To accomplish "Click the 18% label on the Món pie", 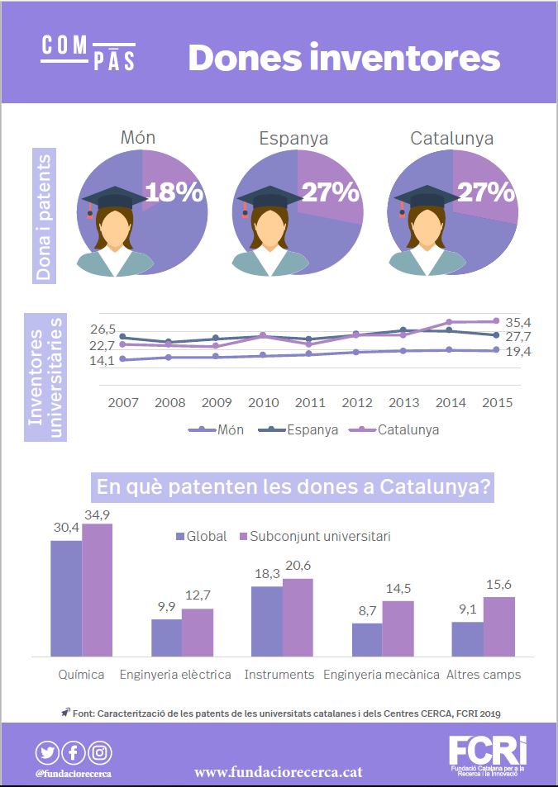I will click(x=174, y=192).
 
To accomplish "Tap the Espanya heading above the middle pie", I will click(x=293, y=138).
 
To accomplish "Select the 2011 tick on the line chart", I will click(x=310, y=402).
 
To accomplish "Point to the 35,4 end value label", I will click(x=518, y=321).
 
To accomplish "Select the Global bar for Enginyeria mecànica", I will click(x=367, y=640).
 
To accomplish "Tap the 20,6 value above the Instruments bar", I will click(x=298, y=565).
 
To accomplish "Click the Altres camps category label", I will click(x=484, y=675).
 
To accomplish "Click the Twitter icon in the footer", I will click(x=47, y=752).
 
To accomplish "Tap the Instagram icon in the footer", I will click(x=100, y=752).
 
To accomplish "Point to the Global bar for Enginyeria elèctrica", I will click(x=166, y=638).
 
